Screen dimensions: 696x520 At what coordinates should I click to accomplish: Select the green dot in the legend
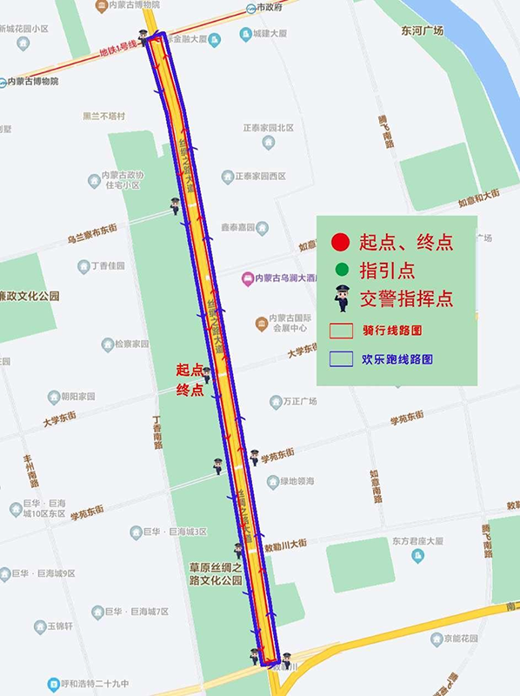point(341,269)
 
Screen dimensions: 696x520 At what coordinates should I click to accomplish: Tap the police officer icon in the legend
point(342,298)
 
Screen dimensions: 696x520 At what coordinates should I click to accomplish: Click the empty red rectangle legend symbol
point(341,331)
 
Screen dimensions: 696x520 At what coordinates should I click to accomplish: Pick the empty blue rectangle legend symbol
point(341,358)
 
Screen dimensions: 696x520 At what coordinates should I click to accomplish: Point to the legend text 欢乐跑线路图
point(397,358)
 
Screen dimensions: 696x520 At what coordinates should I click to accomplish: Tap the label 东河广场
point(423,30)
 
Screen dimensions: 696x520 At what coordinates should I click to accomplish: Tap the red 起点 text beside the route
point(190,370)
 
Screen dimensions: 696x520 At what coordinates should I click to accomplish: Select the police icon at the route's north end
point(143,36)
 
